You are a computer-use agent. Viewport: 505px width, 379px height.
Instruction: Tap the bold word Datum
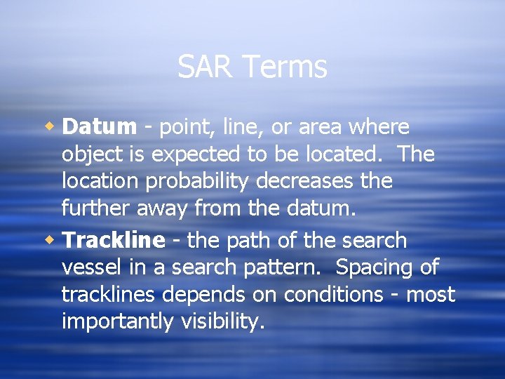point(99,127)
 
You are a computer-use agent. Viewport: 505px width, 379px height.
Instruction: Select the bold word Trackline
point(114,240)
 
